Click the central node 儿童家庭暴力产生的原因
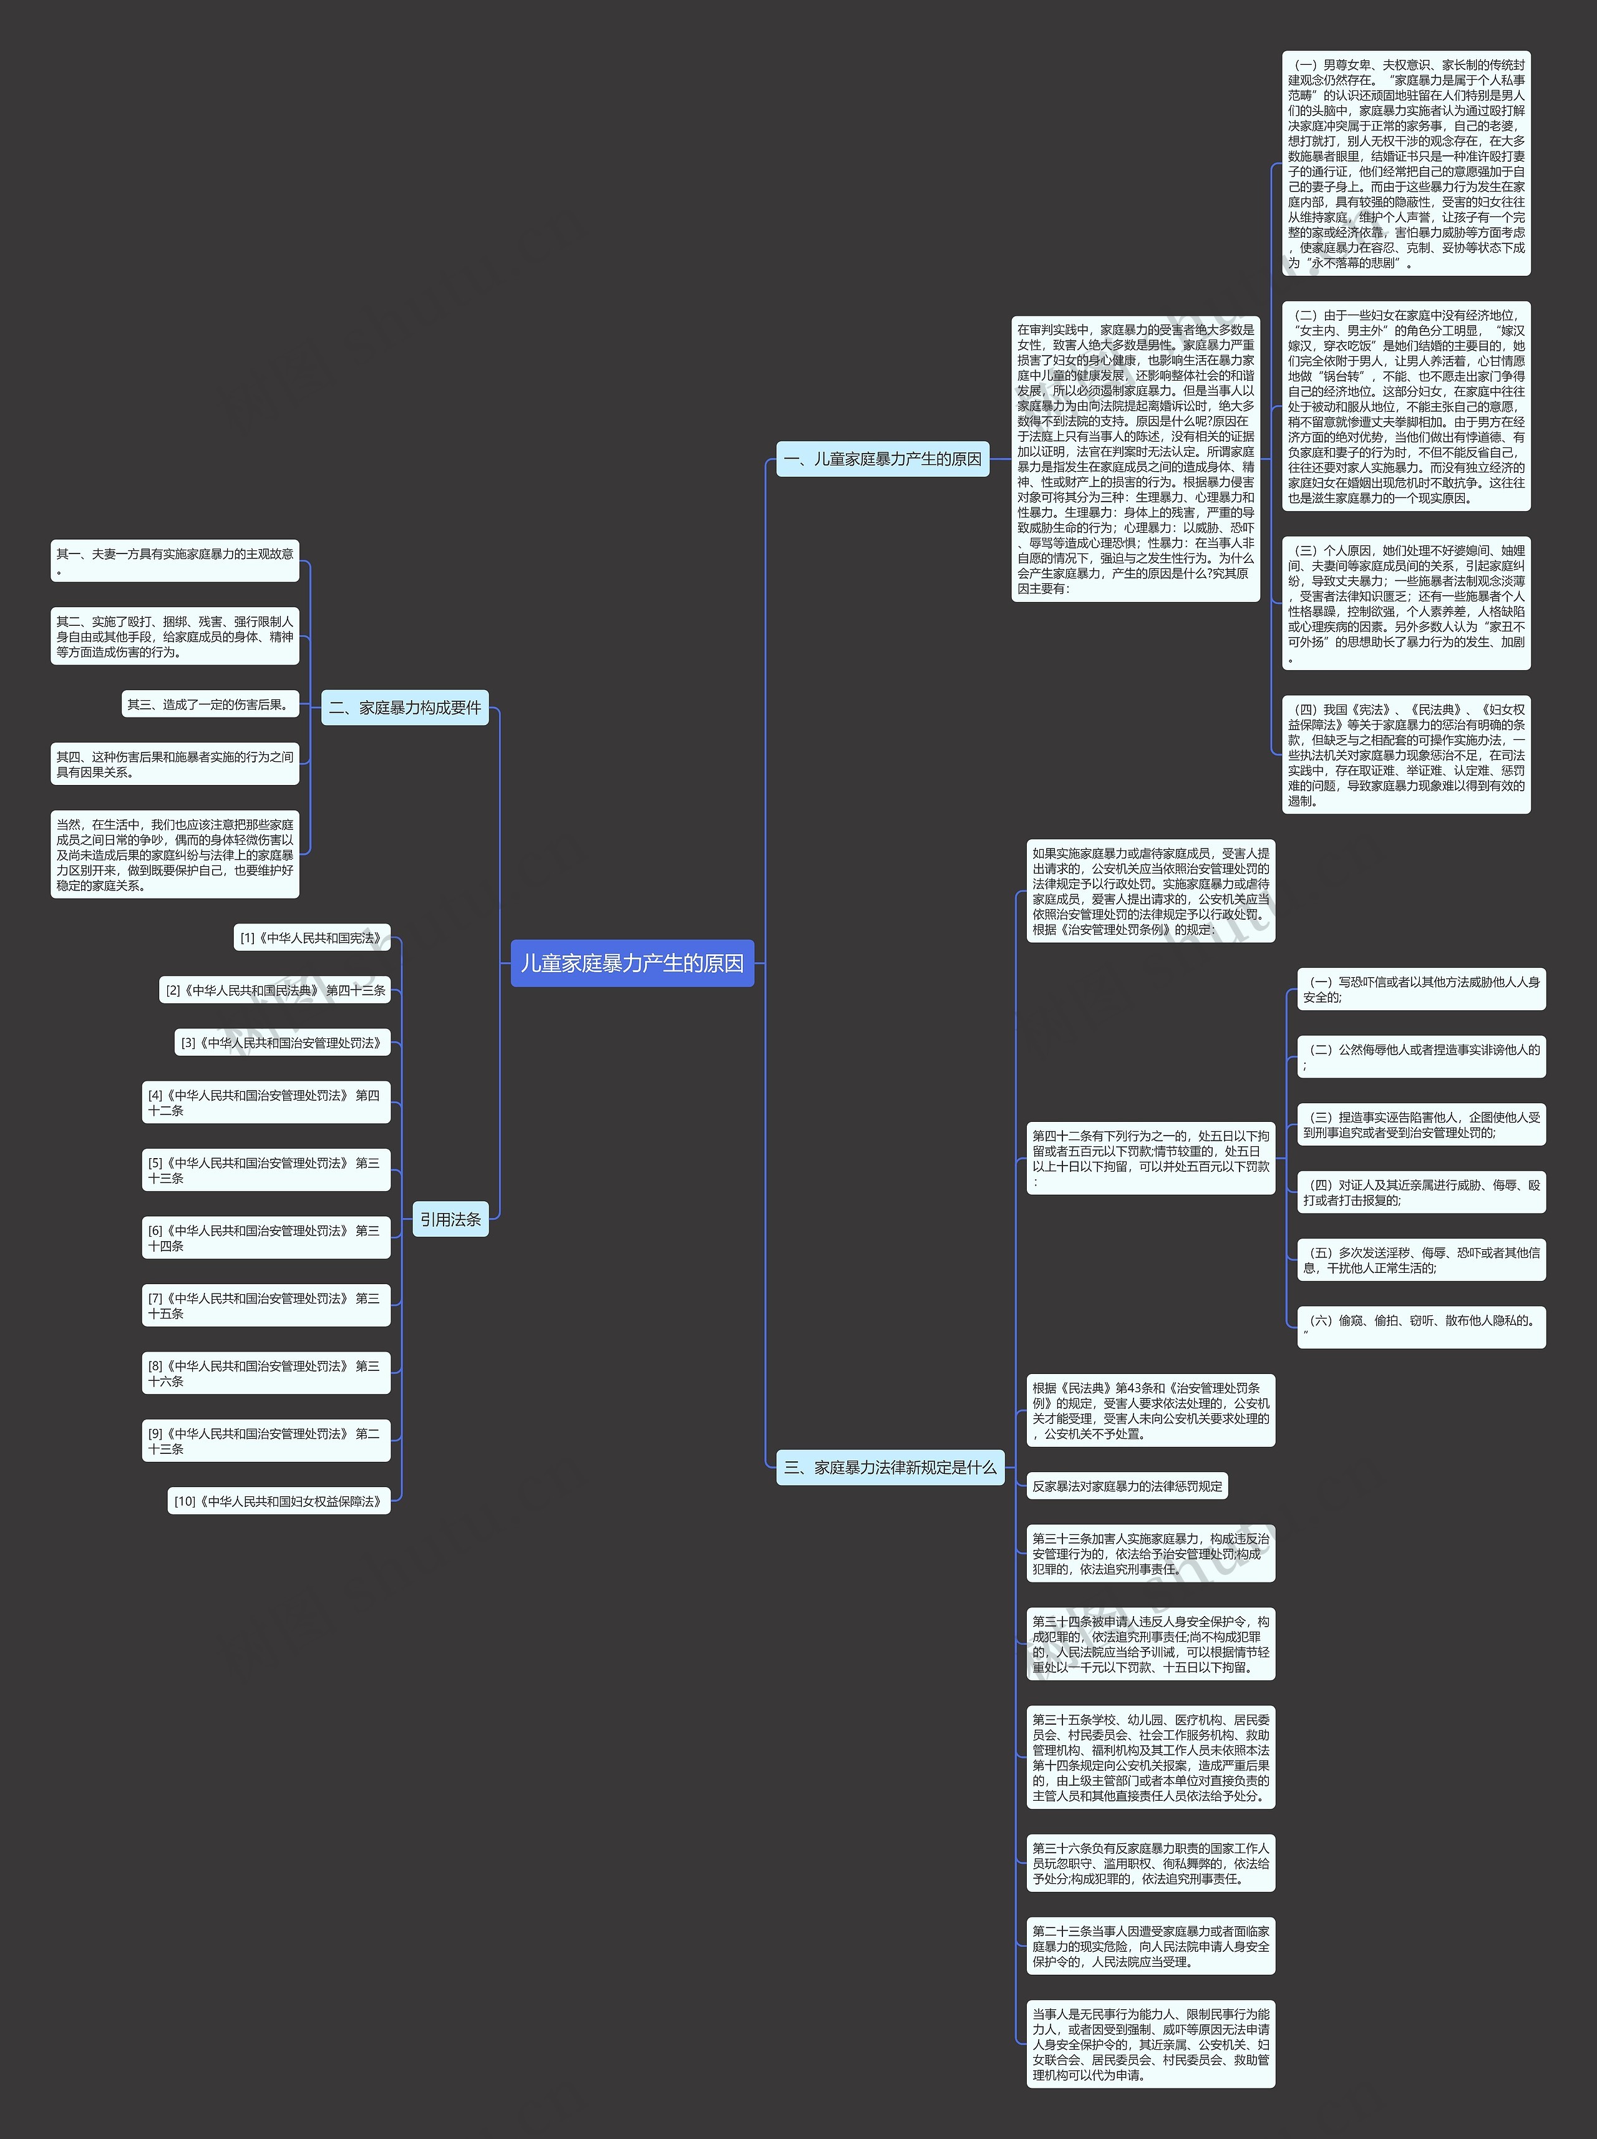[x=632, y=963]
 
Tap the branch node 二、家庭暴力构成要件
[x=404, y=708]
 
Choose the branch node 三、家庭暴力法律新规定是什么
[x=890, y=1467]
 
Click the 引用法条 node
[x=450, y=1219]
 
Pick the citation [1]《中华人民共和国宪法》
[x=313, y=938]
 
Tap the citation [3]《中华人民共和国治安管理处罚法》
[x=282, y=1043]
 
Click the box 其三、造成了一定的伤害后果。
[x=210, y=704]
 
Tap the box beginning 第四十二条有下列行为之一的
[x=1150, y=1157]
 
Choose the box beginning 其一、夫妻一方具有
[x=175, y=561]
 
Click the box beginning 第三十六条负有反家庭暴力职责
[x=1150, y=1863]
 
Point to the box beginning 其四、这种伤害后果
[x=175, y=764]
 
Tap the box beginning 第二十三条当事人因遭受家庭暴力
[x=1150, y=1946]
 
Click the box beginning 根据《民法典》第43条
[x=1150, y=1410]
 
